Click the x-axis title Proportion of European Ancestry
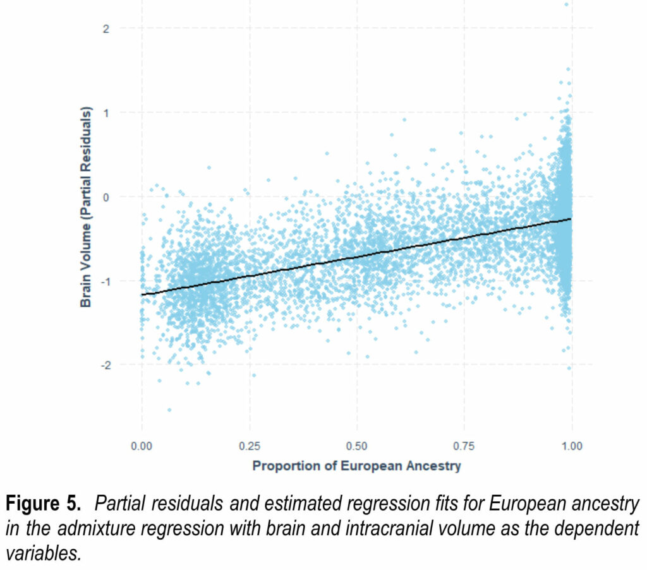click(x=357, y=466)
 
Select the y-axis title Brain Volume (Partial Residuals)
click(x=87, y=207)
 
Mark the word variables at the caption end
click(x=44, y=553)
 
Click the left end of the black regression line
click(x=142, y=294)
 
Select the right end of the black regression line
click(x=571, y=219)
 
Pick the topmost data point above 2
click(x=566, y=4)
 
